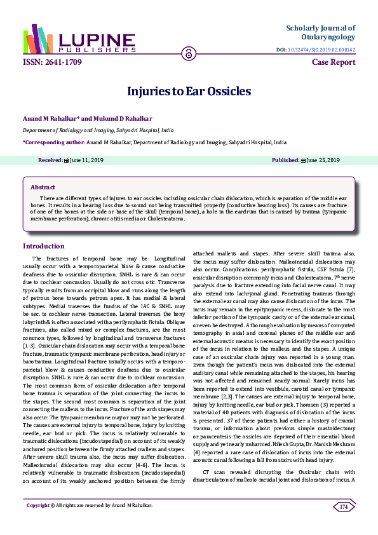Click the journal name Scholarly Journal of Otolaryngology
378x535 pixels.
point(320,32)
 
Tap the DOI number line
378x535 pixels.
point(316,50)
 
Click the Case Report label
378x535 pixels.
point(334,62)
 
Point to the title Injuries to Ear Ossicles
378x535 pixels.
point(189,91)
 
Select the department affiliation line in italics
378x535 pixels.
point(98,130)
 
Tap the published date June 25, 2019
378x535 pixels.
point(323,161)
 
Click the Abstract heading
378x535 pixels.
point(43,187)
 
